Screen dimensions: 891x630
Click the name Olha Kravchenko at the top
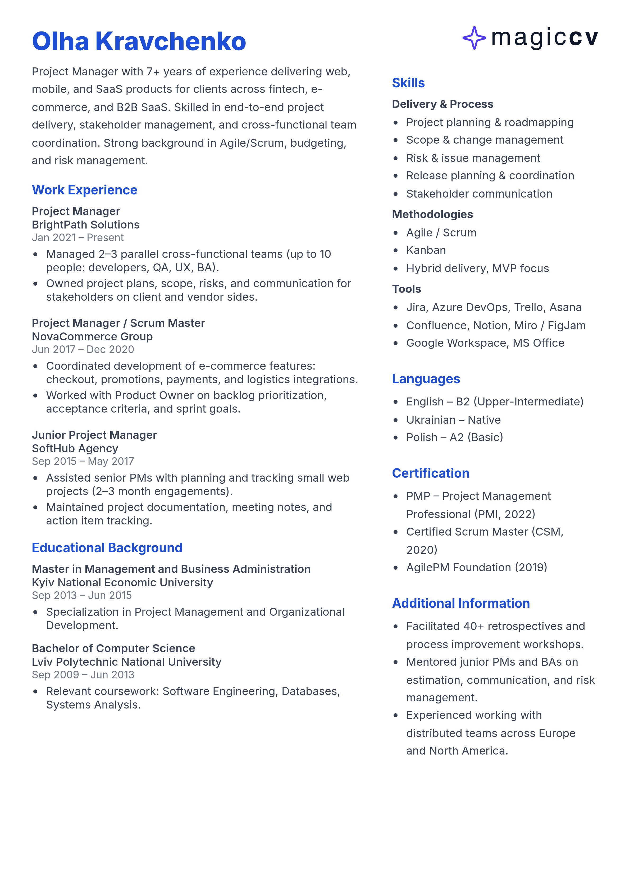(x=139, y=41)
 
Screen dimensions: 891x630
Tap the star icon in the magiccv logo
(x=474, y=38)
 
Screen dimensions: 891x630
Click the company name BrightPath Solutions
(x=85, y=225)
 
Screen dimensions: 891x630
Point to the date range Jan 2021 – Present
(x=78, y=237)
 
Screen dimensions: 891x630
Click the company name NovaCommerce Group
(x=92, y=336)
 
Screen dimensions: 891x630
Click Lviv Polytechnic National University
(x=126, y=662)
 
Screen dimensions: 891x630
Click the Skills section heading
(x=408, y=83)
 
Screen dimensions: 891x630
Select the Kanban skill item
(x=426, y=250)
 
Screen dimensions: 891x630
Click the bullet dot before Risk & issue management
(x=396, y=158)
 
